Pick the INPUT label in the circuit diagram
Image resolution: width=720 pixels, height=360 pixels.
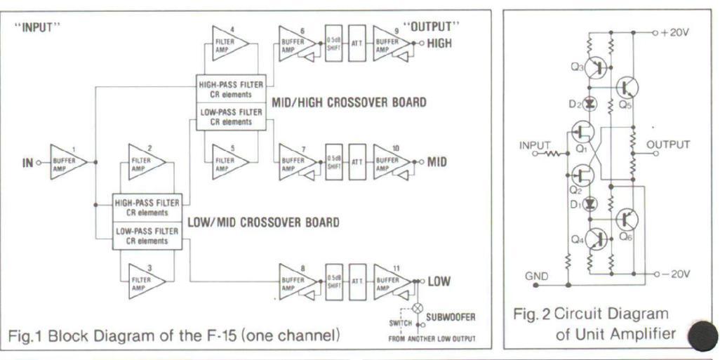click(533, 145)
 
